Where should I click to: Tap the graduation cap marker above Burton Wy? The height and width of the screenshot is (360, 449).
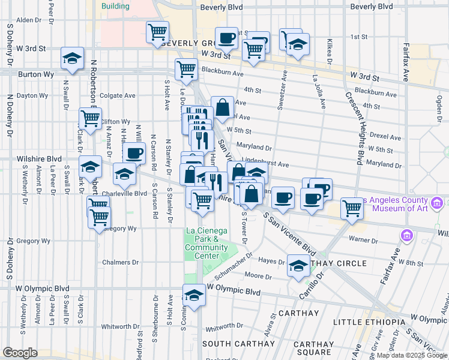72,59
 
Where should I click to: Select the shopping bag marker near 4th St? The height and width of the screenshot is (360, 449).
222,107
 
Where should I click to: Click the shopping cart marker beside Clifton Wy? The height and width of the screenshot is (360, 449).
91,118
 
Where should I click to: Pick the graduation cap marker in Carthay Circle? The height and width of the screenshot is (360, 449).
298,266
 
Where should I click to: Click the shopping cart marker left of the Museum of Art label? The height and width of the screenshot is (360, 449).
352,209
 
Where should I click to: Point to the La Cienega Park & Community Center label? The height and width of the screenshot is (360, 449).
202,243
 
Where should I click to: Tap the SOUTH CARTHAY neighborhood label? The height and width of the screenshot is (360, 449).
232,344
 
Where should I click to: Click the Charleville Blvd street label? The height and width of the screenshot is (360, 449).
124,194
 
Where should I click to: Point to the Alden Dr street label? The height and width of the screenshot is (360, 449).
28,20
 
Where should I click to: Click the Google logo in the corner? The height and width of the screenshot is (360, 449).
20,353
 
